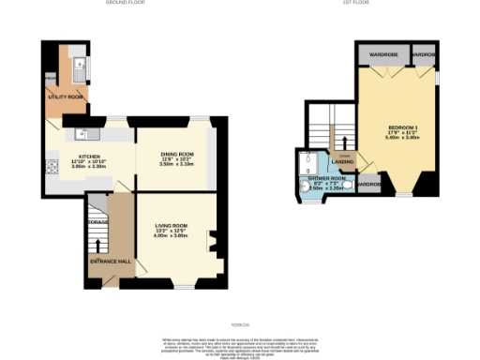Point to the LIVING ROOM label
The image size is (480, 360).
(x=172, y=225)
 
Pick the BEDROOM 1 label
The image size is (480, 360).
(x=404, y=127)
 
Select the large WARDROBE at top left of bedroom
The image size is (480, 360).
(x=383, y=54)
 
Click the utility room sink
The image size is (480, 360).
(x=82, y=66)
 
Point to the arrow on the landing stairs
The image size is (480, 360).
(x=346, y=143)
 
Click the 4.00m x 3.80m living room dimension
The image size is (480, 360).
(x=172, y=236)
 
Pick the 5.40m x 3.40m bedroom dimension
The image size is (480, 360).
(x=404, y=138)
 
